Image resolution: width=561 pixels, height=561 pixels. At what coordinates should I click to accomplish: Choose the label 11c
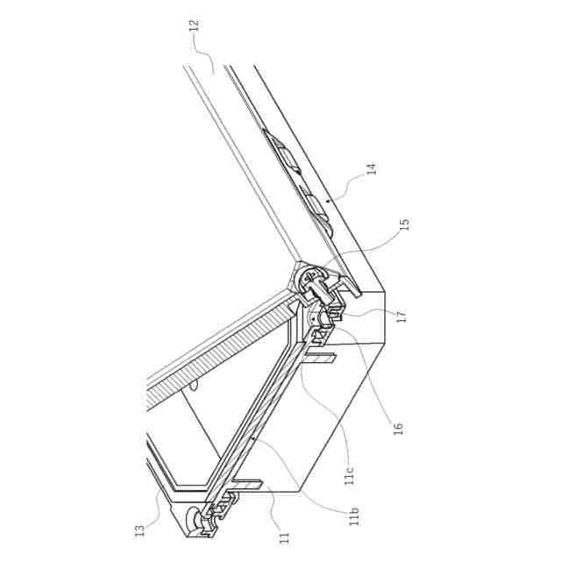350,473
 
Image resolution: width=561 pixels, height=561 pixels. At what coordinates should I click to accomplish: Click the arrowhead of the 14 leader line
325,201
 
